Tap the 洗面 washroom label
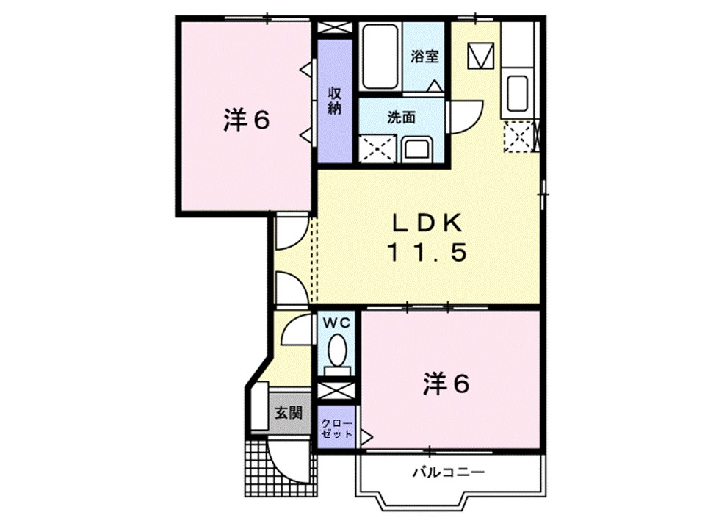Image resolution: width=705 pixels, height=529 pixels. [402, 117]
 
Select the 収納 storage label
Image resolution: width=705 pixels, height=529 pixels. [335, 101]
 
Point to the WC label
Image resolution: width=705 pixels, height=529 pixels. [337, 321]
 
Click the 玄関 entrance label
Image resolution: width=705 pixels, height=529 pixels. [289, 413]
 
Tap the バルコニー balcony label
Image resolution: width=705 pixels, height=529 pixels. [448, 472]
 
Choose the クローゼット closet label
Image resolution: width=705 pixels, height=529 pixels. [336, 429]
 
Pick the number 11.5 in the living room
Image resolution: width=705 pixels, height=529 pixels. [427, 254]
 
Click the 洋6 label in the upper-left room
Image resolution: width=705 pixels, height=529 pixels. [246, 120]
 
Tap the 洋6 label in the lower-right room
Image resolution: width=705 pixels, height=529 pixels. [446, 384]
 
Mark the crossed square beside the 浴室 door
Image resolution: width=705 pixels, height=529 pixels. [481, 56]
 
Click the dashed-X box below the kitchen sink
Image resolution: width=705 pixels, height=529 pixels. [520, 136]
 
